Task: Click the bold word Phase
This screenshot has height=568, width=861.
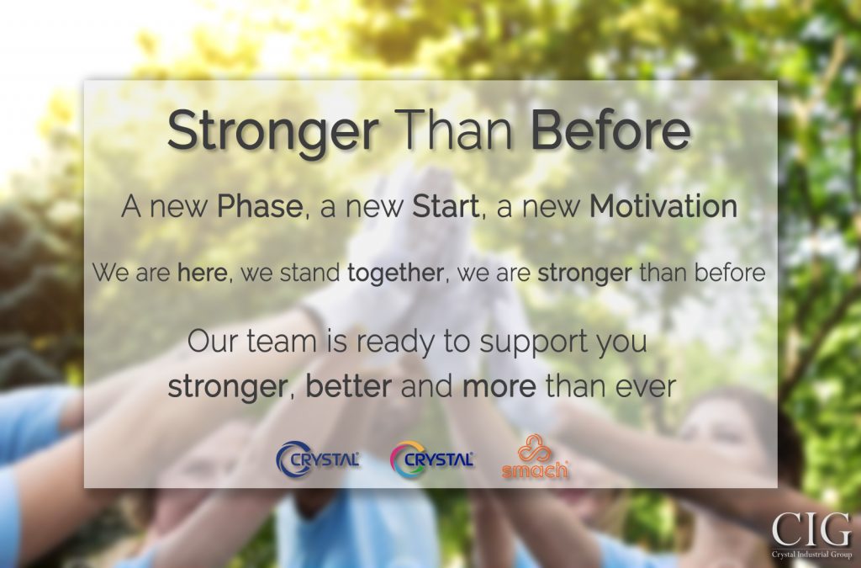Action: pyautogui.click(x=260, y=206)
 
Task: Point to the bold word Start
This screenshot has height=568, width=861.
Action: pyautogui.click(x=446, y=206)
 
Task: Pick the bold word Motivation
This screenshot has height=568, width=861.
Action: pyautogui.click(x=663, y=206)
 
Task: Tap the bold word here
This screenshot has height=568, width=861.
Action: pyautogui.click(x=202, y=273)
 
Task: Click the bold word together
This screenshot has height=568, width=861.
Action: pyautogui.click(x=395, y=273)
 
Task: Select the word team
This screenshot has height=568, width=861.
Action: pyautogui.click(x=281, y=341)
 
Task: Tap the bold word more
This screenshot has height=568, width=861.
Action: pyautogui.click(x=499, y=387)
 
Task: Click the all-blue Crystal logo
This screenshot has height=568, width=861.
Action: pyautogui.click(x=317, y=459)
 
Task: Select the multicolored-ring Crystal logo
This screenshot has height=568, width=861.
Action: pyautogui.click(x=431, y=459)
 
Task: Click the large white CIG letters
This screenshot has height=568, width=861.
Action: pyautogui.click(x=811, y=530)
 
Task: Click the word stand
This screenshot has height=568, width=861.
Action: pyautogui.click(x=309, y=273)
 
